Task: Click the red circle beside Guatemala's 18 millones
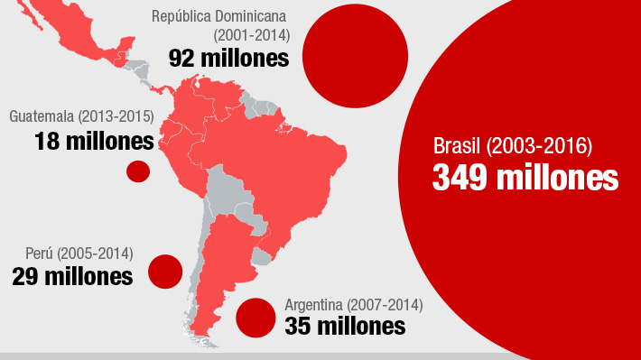(137, 171)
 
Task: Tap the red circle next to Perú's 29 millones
(165, 272)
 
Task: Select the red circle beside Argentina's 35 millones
(255, 317)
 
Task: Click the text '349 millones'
(525, 177)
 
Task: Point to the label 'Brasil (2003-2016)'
(512, 145)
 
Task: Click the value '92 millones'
(228, 58)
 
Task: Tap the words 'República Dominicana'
(220, 16)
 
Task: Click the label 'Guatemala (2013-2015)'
(81, 117)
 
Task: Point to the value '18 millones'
(94, 141)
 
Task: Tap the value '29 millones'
(72, 276)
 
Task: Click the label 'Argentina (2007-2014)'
(353, 304)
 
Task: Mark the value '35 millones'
(345, 326)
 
